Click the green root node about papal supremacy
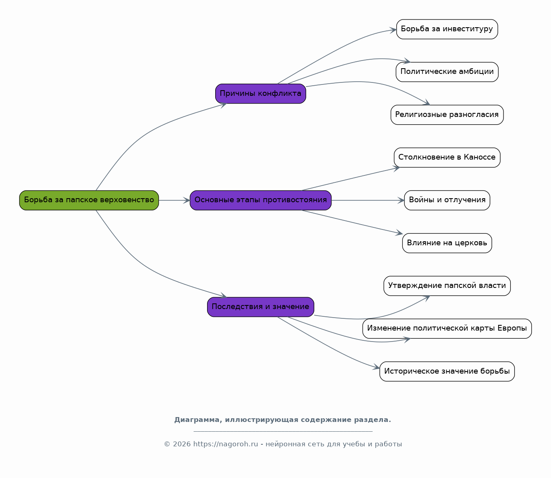point(89,200)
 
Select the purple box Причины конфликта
point(260,94)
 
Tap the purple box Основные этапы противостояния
point(260,200)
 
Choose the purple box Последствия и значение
point(260,307)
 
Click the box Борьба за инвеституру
point(447,29)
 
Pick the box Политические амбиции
point(447,72)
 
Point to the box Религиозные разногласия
point(447,115)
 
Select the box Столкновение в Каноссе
point(447,158)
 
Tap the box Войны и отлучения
point(447,200)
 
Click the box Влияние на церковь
point(447,243)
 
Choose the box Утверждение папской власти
point(447,286)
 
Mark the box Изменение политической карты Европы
point(447,329)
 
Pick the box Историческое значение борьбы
point(447,371)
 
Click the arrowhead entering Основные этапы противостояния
point(187,200)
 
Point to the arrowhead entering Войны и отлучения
point(401,200)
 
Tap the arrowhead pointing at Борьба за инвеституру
point(393,30)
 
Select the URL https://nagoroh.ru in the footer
point(226,444)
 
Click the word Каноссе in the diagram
point(480,157)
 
